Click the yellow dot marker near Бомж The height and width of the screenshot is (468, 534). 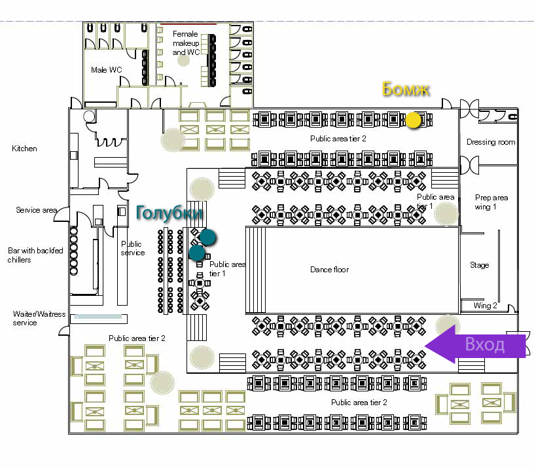tap(414, 120)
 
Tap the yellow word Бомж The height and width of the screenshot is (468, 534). tap(406, 89)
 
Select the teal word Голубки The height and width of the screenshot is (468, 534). tap(169, 213)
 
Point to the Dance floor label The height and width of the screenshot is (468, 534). tap(329, 270)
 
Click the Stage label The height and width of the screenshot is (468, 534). tap(479, 266)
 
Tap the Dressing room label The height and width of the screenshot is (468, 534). tap(490, 142)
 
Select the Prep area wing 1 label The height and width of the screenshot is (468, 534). tap(491, 202)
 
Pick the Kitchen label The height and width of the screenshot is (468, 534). tap(24, 149)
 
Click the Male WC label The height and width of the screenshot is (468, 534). tap(106, 70)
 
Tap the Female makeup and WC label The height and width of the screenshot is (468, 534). tap(185, 43)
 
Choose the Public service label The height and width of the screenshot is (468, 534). tap(133, 248)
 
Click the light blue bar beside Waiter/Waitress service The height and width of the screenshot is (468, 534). tap(99, 317)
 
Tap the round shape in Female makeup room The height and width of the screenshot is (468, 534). tap(184, 60)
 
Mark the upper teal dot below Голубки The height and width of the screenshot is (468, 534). tap(208, 237)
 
